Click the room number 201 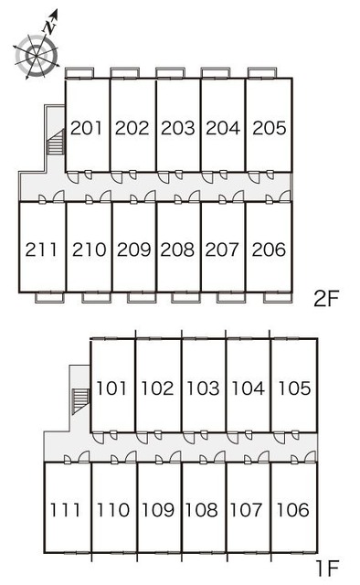(86, 128)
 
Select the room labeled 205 (270, 128)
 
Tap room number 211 (41, 250)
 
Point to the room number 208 (177, 250)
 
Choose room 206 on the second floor (269, 250)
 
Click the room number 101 (111, 388)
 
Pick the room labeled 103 (203, 388)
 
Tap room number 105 (294, 388)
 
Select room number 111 (65, 510)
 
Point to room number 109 (158, 510)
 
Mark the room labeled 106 (292, 510)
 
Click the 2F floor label (325, 299)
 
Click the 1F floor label (327, 569)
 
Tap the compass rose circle (37, 56)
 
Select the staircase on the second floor (56, 142)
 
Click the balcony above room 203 (171, 73)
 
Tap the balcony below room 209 (142, 297)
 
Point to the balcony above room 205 (262, 73)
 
